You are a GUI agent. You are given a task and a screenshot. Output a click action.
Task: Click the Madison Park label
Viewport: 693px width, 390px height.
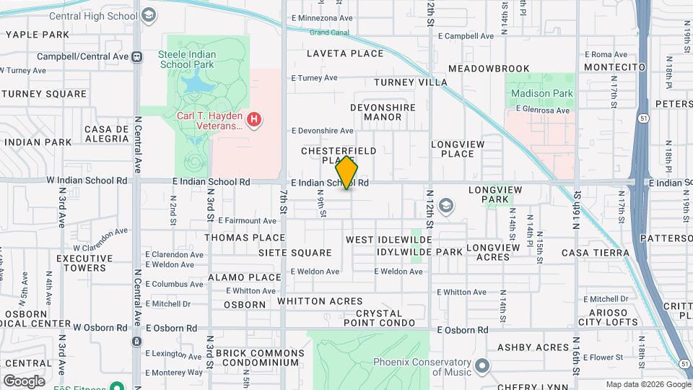point(541,93)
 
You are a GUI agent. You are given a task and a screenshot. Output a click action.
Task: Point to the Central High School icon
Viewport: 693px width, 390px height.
point(149,15)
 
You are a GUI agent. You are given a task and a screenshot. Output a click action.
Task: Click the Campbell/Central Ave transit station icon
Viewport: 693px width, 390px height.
point(136,56)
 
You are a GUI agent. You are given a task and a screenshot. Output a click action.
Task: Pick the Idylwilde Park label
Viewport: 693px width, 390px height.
point(419,252)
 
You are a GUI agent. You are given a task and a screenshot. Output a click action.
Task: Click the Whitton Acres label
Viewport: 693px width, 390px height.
point(320,301)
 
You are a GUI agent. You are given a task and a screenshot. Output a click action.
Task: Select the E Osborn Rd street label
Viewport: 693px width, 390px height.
point(171,328)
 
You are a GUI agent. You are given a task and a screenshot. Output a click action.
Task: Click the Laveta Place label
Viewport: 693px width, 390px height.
point(345,53)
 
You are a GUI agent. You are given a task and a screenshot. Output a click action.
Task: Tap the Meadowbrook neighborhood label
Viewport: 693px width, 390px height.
point(489,69)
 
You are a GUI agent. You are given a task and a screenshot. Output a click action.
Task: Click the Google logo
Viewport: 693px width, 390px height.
point(24,381)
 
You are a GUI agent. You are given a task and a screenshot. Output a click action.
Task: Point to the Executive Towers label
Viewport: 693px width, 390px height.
point(80,263)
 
